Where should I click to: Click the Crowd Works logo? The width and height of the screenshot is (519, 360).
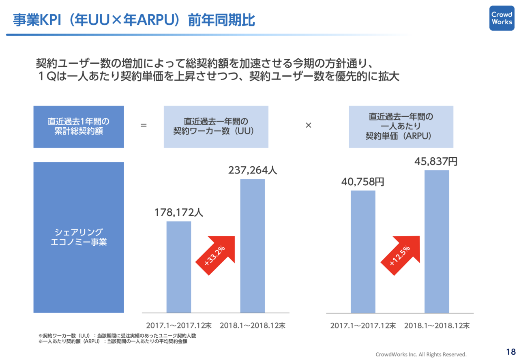click(502, 18)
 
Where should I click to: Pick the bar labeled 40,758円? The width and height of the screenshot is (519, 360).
click(363, 251)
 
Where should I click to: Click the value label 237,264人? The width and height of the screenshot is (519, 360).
click(253, 170)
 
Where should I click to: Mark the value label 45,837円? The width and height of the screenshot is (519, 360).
click(436, 161)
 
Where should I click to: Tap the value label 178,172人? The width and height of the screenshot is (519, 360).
click(179, 212)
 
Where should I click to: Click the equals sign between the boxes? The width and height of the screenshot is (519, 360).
click(144, 125)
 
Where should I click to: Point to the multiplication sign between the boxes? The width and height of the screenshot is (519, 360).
click(308, 125)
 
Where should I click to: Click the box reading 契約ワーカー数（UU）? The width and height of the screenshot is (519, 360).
click(216, 126)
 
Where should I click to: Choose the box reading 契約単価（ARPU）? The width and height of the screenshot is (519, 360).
click(401, 126)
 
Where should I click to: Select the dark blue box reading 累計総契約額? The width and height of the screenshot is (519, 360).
click(79, 126)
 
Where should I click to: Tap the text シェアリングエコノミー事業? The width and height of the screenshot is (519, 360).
click(79, 238)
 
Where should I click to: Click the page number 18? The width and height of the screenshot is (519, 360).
click(510, 351)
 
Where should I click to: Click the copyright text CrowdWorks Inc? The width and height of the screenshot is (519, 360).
click(421, 354)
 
